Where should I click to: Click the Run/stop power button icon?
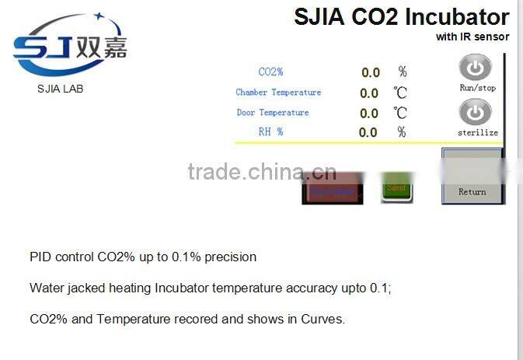476,68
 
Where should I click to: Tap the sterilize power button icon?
476,113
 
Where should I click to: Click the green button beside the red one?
396,189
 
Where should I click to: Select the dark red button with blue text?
332,190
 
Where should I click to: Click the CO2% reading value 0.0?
370,73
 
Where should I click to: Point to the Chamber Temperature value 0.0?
370,93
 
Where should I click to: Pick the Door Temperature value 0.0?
370,114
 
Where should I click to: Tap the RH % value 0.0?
368,133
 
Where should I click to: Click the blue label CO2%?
270,72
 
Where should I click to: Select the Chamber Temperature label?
278,93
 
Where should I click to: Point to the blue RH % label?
270,132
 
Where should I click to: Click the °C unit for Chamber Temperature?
400,93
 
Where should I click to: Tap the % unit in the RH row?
402,132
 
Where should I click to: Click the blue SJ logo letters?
43,49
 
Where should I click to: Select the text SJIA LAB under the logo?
60,89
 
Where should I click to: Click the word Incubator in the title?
458,17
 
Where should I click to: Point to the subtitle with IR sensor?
472,37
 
